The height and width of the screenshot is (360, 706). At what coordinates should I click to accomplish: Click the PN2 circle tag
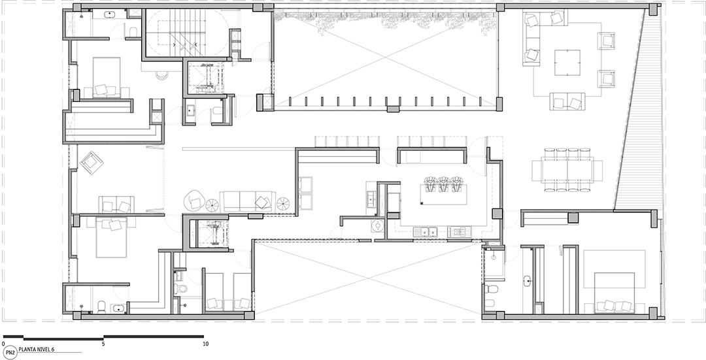[10, 352]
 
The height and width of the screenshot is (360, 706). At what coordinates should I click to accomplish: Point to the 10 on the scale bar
[206, 344]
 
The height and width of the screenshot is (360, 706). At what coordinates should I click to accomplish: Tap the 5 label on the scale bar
[103, 344]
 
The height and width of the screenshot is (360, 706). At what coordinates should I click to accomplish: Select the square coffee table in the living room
[567, 62]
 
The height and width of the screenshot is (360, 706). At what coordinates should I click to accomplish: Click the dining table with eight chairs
[567, 170]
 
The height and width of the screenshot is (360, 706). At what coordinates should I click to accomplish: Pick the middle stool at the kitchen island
[444, 184]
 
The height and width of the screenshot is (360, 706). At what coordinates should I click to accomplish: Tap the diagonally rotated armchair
[92, 163]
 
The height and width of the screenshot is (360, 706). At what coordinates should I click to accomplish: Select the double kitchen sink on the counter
[426, 232]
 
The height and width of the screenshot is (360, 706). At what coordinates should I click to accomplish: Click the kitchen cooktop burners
[459, 232]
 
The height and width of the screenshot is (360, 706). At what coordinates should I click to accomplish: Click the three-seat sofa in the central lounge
[248, 201]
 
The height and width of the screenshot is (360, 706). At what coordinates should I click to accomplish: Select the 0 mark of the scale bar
[4, 344]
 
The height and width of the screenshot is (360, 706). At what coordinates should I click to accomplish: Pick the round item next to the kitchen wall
[377, 225]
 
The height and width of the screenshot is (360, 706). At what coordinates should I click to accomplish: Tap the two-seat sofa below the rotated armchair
[116, 205]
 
